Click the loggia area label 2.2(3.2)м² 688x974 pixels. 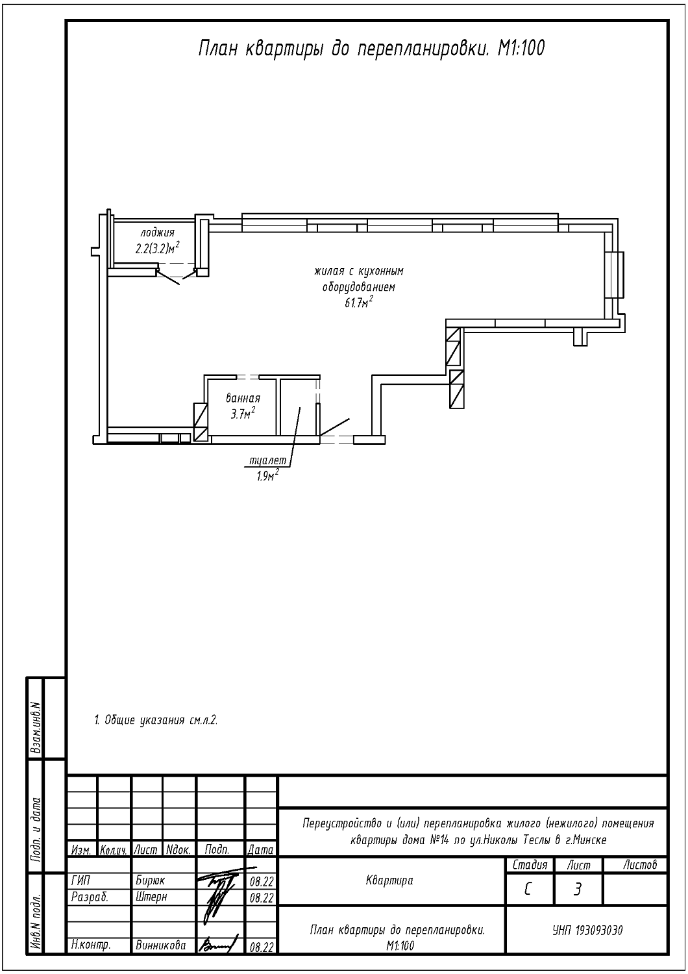[157, 248]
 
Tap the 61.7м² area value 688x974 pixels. [359, 302]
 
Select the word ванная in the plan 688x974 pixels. [243, 398]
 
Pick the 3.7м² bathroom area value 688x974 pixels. [243, 414]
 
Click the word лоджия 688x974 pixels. [157, 232]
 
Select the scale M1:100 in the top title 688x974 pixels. [521, 49]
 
